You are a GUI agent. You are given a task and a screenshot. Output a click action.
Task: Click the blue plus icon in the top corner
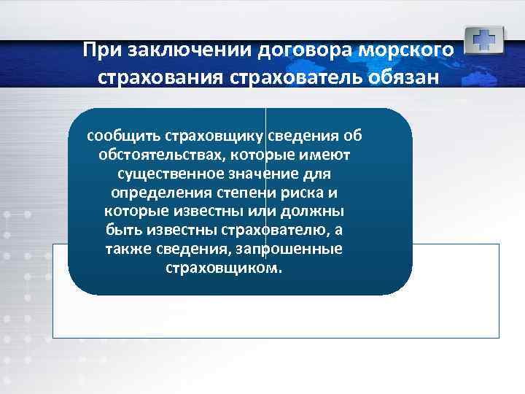[483, 39]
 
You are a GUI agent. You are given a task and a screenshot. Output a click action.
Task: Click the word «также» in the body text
[128, 250]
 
